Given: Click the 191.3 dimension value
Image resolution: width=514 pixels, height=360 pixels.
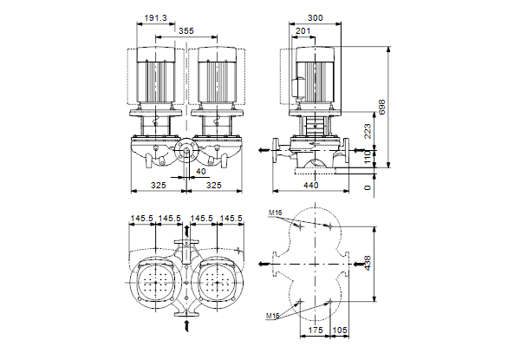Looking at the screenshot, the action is coord(156,17).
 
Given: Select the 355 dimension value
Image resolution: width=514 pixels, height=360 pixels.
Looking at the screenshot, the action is coord(185,31).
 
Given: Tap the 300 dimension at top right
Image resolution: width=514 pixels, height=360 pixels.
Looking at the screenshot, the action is coord(315,17).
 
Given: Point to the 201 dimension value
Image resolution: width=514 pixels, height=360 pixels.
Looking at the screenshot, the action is coord(303,31).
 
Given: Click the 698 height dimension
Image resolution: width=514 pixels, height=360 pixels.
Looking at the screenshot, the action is coord(382,107).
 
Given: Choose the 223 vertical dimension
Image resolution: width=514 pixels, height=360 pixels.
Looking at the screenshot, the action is coord(368,131).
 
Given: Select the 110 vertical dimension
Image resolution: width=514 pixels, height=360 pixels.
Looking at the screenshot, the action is coord(368,157).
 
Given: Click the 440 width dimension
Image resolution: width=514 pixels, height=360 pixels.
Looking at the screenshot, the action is coord(310,185).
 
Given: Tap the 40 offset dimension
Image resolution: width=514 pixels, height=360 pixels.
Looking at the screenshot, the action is coord(201,171).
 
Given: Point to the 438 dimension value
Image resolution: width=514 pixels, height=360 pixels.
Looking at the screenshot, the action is coord(368,263).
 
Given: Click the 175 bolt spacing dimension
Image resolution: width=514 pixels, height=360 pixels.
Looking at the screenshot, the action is coord(316,330).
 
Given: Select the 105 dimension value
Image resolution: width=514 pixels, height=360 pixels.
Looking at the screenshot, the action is coord(340,330).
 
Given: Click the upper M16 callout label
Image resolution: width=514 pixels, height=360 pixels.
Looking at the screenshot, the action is coord(275,213).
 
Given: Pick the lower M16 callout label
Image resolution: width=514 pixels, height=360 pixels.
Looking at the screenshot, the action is coord(272,316).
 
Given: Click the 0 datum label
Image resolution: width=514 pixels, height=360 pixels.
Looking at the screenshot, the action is coord(368,187).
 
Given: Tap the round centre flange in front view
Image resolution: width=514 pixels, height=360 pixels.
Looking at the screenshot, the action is coord(185,151).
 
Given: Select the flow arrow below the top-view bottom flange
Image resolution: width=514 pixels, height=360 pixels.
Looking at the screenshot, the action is coord(187,326).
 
